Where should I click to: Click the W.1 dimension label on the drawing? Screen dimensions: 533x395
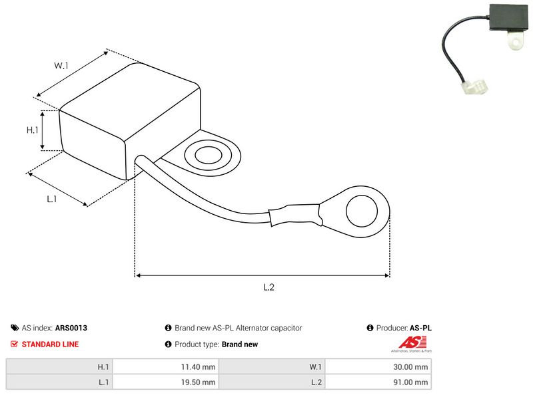[61, 65]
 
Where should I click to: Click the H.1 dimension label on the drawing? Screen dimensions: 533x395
[32, 130]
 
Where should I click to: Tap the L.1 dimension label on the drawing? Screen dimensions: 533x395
[52, 199]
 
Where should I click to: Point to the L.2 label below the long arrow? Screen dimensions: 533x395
[268, 287]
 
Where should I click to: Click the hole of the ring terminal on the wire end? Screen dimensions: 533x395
[362, 211]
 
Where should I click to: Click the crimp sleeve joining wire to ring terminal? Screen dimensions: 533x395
[294, 215]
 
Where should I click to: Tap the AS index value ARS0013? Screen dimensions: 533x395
[71, 328]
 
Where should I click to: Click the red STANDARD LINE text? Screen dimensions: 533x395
[50, 344]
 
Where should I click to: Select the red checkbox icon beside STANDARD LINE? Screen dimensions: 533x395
[14, 344]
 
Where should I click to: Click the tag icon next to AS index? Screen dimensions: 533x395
[15, 328]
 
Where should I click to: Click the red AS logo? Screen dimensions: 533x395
[412, 342]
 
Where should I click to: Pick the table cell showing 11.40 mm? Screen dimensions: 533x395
[166, 367]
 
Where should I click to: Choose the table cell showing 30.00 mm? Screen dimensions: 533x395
[378, 367]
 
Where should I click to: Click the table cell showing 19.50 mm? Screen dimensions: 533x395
[166, 382]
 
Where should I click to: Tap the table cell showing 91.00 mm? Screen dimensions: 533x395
[378, 382]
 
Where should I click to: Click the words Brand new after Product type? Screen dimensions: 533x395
[240, 344]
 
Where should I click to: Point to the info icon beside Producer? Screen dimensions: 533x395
[370, 328]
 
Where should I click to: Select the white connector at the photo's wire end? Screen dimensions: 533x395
[474, 88]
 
